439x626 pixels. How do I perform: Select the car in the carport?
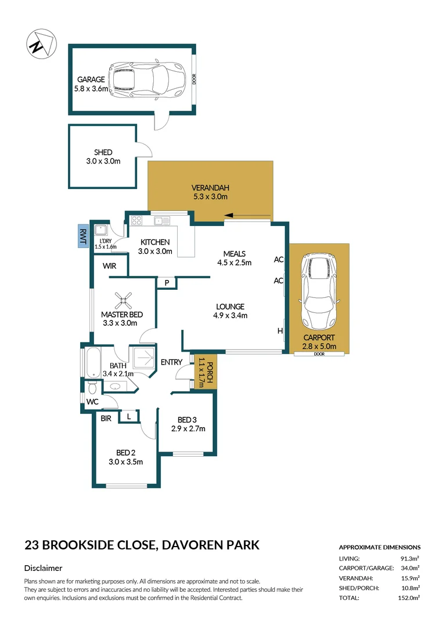[x=319, y=291]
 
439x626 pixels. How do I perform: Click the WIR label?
[x=110, y=267]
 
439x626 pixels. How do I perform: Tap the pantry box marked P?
[x=167, y=283]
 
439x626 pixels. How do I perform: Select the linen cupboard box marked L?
[x=129, y=417]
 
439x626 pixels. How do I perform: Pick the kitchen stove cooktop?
[x=137, y=220]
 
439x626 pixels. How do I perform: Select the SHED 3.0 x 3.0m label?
[x=103, y=157]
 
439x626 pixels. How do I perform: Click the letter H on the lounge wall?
[x=280, y=331]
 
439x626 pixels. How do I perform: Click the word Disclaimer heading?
[x=43, y=568]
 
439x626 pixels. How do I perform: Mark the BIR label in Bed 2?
[x=106, y=417]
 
